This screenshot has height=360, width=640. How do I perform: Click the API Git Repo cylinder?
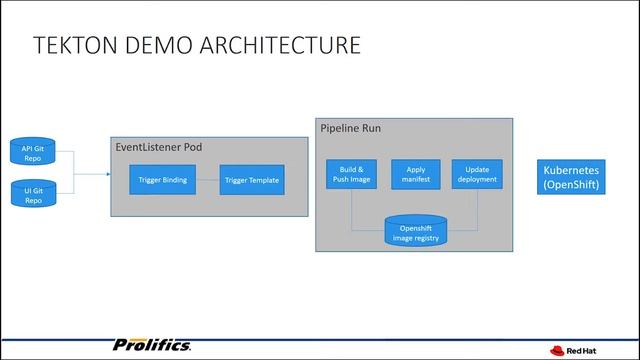(x=33, y=153)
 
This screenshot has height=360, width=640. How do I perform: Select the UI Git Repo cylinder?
(x=33, y=193)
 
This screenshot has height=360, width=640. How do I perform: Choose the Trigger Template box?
(x=251, y=180)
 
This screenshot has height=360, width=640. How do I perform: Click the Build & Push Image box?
(x=351, y=173)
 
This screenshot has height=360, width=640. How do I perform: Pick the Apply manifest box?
(x=415, y=173)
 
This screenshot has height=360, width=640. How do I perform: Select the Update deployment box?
(x=476, y=173)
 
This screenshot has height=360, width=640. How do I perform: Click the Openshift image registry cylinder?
(x=415, y=232)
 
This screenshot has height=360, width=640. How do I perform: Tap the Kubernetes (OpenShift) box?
(x=571, y=177)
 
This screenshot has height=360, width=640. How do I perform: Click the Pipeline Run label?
(x=350, y=129)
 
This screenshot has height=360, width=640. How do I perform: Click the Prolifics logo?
(x=153, y=345)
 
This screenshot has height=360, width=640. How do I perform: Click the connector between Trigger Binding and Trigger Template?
(x=207, y=180)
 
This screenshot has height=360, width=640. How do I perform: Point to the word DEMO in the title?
(x=162, y=46)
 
